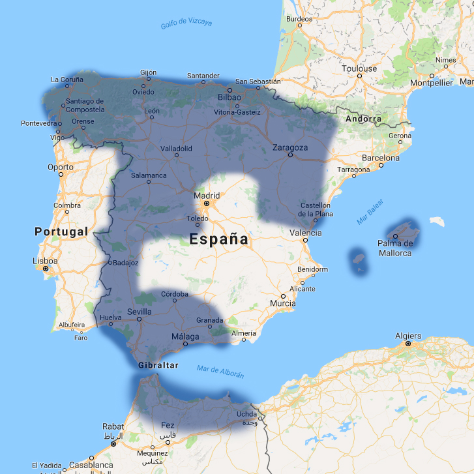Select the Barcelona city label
click(x=380, y=158)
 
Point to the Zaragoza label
click(x=290, y=147)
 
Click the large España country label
click(x=219, y=239)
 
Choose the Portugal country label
click(x=61, y=231)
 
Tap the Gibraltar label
click(x=158, y=365)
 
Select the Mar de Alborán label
click(x=220, y=372)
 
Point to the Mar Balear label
click(x=371, y=215)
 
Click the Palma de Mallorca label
click(x=396, y=248)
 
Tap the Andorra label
click(x=363, y=119)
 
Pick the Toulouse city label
click(x=359, y=68)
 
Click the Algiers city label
click(x=408, y=336)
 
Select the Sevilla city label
click(x=140, y=312)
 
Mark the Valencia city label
click(x=305, y=233)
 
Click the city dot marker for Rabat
click(x=113, y=444)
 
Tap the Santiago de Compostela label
click(x=85, y=105)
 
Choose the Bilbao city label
click(x=230, y=97)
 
